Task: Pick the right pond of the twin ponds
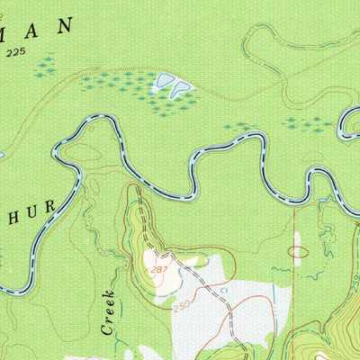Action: (182, 87)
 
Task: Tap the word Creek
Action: (109, 312)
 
